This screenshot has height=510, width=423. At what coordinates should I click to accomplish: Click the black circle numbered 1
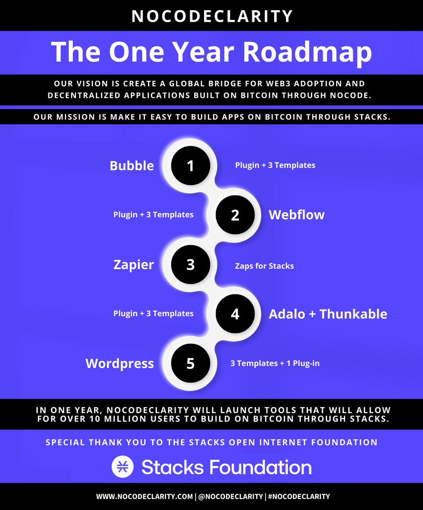[x=190, y=165]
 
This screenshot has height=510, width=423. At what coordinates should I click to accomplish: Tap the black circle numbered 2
[x=235, y=215]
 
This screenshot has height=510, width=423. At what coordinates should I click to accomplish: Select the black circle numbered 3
[x=190, y=265]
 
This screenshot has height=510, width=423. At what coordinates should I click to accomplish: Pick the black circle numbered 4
[x=235, y=314]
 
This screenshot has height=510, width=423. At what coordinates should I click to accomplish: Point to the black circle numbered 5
[x=190, y=364]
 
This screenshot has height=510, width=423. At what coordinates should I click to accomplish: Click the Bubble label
[x=132, y=165]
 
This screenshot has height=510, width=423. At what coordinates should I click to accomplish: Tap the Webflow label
[x=297, y=215]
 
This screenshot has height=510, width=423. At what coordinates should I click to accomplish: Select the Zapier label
[x=134, y=265]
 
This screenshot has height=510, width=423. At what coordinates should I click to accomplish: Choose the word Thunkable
[x=353, y=314]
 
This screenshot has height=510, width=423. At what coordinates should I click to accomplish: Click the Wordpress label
[x=120, y=364]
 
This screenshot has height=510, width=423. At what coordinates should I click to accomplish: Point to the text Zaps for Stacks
[x=264, y=266]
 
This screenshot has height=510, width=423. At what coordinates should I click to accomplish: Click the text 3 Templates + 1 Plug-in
[x=275, y=363]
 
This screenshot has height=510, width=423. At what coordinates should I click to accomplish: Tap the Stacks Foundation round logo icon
[x=123, y=467]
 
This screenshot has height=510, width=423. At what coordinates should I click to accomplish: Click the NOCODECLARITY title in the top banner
[x=212, y=16]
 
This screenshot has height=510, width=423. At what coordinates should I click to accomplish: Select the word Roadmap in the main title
[x=307, y=52]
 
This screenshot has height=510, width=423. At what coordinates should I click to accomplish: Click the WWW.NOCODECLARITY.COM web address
[x=144, y=496]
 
